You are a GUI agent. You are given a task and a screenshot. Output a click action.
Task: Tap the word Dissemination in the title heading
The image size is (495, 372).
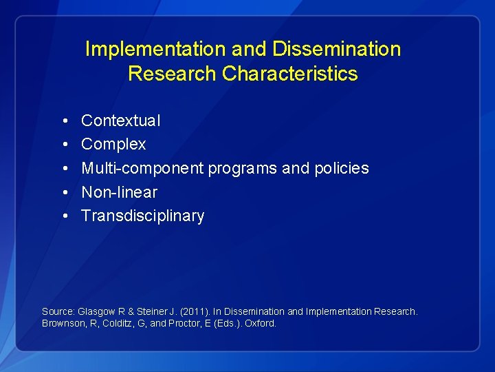click(x=336, y=50)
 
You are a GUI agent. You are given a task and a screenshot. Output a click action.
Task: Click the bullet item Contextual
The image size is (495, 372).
click(x=120, y=121)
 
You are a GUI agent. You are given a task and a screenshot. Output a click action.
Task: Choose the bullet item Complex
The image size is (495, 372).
click(x=113, y=145)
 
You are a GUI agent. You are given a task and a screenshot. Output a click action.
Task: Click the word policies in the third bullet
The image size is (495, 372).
click(x=343, y=168)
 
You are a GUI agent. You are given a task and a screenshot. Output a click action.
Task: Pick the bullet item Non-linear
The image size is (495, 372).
click(x=119, y=192)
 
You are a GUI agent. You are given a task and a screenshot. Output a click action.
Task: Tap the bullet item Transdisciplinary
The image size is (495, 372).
click(x=142, y=216)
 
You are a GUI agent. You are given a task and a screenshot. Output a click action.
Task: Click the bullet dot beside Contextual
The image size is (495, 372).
click(x=63, y=121)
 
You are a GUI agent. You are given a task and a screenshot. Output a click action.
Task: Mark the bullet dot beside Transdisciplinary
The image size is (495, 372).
click(x=63, y=216)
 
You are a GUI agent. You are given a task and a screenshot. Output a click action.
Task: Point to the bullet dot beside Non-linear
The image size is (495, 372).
click(x=63, y=193)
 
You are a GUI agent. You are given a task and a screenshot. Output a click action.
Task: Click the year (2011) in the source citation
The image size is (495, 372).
click(x=190, y=311)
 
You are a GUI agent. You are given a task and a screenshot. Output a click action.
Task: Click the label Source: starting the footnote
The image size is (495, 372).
click(x=58, y=311)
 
